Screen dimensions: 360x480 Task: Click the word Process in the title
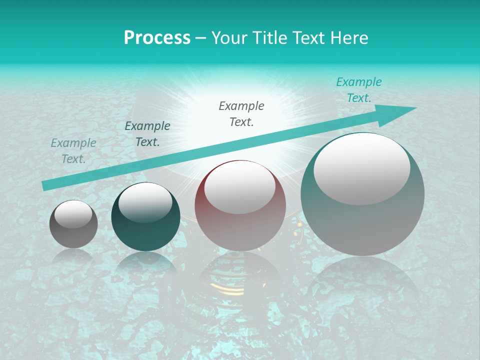click(157, 38)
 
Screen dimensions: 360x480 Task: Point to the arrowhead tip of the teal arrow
click(415, 108)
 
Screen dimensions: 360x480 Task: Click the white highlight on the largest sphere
click(361, 169)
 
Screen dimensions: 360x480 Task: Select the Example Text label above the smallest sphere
click(73, 151)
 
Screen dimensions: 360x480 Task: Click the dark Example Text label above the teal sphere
click(147, 134)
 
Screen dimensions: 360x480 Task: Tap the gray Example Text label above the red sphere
click(241, 114)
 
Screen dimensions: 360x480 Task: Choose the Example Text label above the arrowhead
click(358, 90)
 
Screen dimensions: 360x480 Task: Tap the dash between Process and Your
click(200, 38)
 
